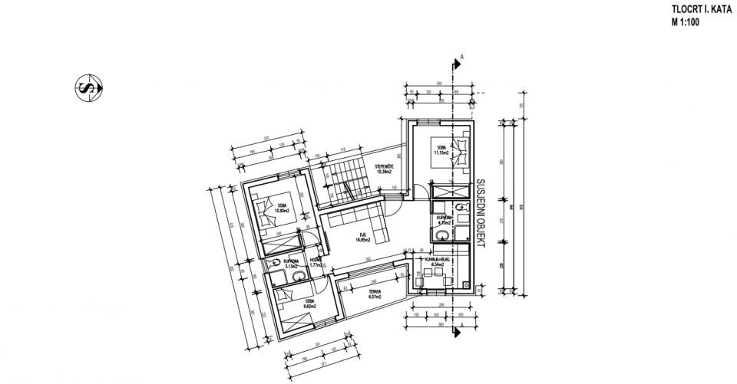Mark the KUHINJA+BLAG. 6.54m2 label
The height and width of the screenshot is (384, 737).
(x=433, y=263)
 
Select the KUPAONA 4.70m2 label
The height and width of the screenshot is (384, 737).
(x=446, y=220)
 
